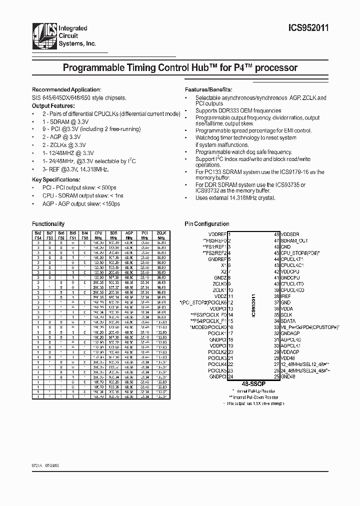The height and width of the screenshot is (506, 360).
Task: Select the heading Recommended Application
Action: point(66,89)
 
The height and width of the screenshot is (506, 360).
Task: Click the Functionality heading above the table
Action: point(48,224)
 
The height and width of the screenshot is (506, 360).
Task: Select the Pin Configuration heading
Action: point(207,224)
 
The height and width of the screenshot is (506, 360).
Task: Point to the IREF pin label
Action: point(286,296)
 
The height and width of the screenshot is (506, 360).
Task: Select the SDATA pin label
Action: point(288,321)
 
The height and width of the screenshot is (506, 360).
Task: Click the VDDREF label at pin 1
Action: point(217,234)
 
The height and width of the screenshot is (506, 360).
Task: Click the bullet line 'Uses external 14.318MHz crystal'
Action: point(235,198)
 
